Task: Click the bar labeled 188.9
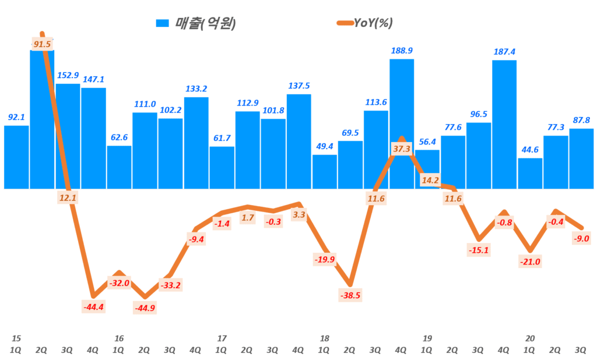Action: (402, 123)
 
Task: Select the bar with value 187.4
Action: (504, 124)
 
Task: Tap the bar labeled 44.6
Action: (530, 173)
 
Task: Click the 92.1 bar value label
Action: (16, 117)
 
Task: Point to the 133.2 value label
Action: (196, 89)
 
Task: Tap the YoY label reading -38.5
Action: (350, 295)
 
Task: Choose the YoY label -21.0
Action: (530, 262)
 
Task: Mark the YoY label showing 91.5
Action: (42, 44)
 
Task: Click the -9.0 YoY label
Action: (581, 237)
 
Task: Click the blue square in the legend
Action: (162, 23)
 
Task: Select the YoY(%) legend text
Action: (374, 23)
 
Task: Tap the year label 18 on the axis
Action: (325, 338)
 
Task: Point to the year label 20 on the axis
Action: (530, 338)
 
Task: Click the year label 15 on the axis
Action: (16, 338)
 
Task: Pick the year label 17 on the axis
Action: (222, 338)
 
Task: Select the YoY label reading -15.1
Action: (479, 250)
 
